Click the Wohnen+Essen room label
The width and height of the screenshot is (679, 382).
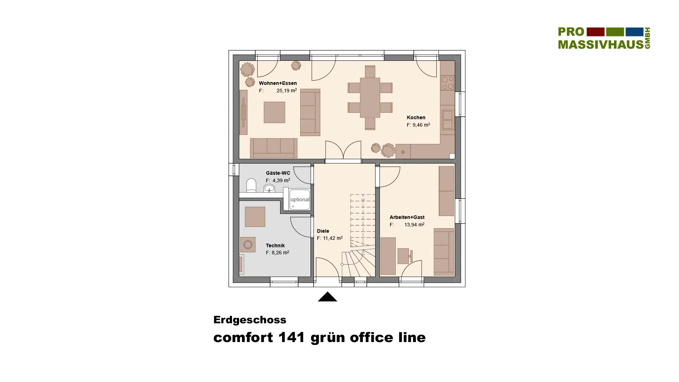point(278,83)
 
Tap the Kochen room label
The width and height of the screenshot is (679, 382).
point(416,117)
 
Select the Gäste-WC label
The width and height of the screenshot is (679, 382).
point(278,173)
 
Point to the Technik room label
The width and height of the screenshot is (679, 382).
point(275,245)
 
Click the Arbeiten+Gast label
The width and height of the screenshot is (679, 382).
point(407,217)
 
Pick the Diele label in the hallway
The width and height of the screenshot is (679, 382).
point(323,231)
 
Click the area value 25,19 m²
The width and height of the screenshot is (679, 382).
point(286,91)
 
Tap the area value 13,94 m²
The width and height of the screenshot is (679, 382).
point(414,225)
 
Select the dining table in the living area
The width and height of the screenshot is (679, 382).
point(370,98)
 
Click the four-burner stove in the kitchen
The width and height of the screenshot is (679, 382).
point(447,83)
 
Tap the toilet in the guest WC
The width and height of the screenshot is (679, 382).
point(251,186)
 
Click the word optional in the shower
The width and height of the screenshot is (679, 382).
point(300,199)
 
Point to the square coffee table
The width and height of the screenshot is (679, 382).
point(274,112)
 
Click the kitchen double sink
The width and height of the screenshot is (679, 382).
point(447,120)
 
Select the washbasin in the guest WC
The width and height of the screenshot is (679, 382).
point(269,188)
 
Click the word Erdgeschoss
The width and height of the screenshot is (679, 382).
point(250,320)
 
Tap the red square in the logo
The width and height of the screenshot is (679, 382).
point(596,32)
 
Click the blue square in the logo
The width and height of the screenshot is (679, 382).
point(634,32)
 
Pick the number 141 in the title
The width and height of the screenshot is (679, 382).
point(292,337)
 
